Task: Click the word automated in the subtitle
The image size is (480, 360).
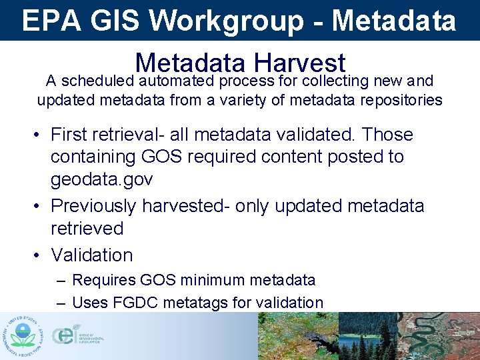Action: pyautogui.click(x=177, y=81)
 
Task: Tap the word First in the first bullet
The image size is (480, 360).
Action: pyautogui.click(x=73, y=135)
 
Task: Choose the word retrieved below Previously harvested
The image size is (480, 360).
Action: pyautogui.click(x=87, y=229)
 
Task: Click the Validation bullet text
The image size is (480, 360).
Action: pyautogui.click(x=92, y=255)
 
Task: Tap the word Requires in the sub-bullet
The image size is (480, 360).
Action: pyautogui.click(x=102, y=280)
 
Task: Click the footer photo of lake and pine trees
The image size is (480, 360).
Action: pyautogui.click(x=367, y=336)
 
